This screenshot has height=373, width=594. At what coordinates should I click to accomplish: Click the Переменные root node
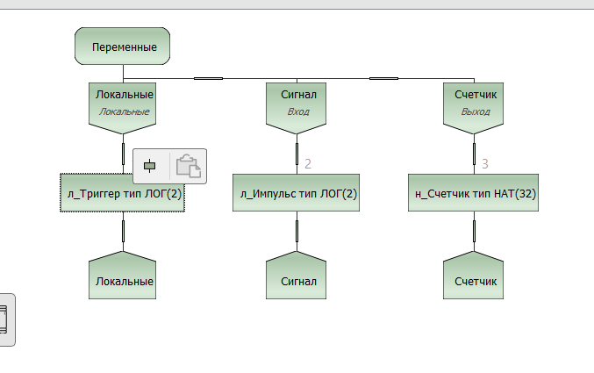(x=123, y=46)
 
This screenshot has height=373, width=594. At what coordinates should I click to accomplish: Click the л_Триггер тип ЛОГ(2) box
(x=123, y=193)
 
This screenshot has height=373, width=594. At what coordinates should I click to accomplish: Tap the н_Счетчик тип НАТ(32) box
(x=475, y=193)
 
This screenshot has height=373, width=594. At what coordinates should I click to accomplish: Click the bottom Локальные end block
(x=123, y=278)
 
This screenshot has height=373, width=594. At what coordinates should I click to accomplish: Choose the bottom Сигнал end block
(x=298, y=278)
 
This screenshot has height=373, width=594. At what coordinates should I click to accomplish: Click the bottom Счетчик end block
(x=475, y=278)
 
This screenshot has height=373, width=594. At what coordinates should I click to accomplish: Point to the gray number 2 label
(x=308, y=163)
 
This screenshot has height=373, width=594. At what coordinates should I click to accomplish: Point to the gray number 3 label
(x=485, y=163)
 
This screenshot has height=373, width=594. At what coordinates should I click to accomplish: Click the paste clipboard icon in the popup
(x=189, y=166)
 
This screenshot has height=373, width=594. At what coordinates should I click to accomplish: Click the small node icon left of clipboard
(x=151, y=166)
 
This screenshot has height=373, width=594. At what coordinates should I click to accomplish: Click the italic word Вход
(x=298, y=112)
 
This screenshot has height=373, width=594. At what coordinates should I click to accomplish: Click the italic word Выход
(x=475, y=112)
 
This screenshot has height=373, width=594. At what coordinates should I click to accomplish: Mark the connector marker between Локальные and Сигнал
(x=208, y=79)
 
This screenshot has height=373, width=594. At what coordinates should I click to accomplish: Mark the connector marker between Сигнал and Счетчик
(x=383, y=79)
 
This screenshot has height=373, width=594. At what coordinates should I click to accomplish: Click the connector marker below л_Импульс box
(x=298, y=231)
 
